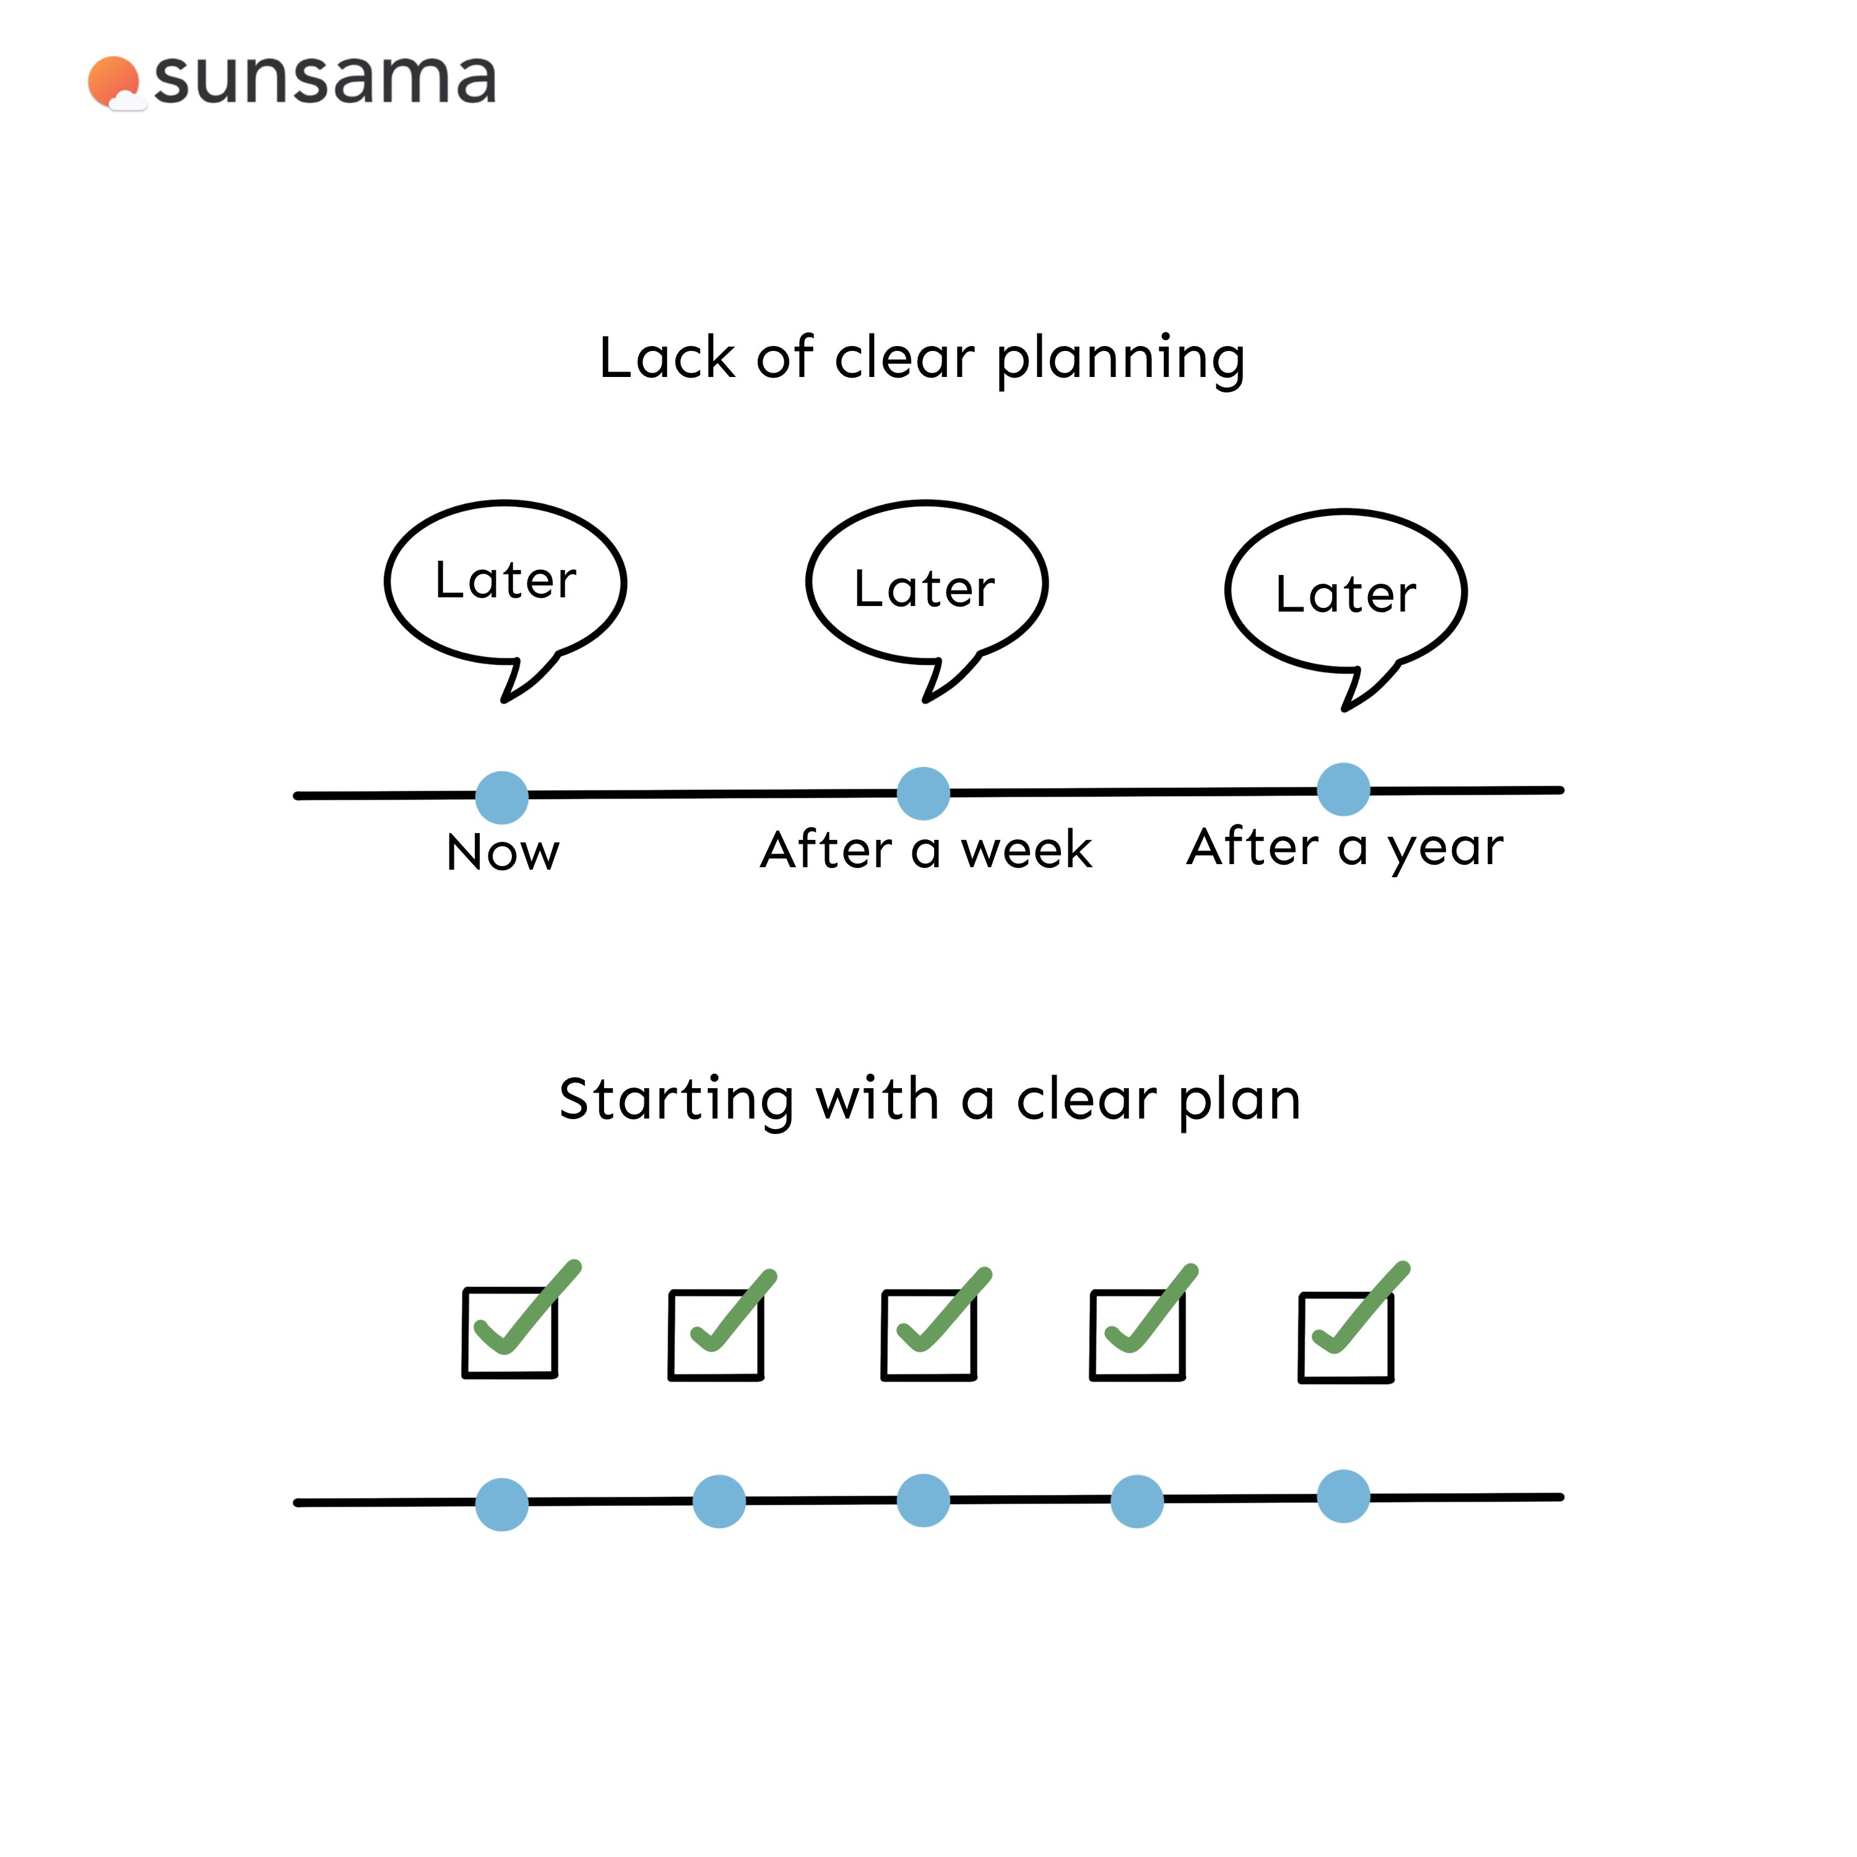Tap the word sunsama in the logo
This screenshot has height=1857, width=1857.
(x=325, y=79)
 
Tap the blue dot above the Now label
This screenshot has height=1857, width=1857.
(x=502, y=798)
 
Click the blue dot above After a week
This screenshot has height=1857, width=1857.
(x=924, y=794)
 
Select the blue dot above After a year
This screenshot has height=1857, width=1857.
(x=1344, y=789)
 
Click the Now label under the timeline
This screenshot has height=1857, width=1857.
(x=503, y=852)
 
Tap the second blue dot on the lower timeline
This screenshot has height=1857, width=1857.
(x=719, y=1501)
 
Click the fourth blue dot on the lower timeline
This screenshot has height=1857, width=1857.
(x=1137, y=1501)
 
